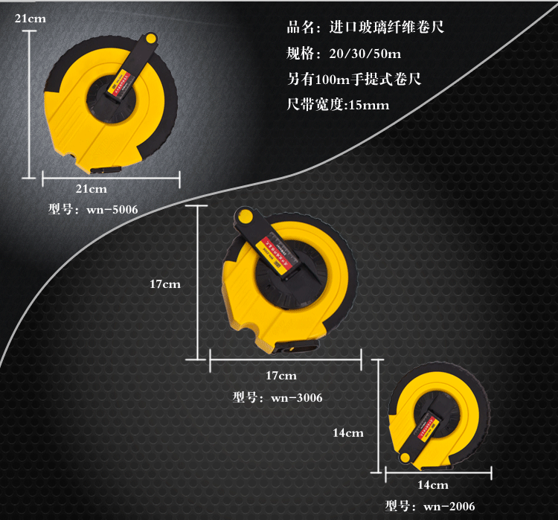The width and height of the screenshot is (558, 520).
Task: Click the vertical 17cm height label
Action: coord(164,283)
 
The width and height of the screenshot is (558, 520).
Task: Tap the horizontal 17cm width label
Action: coord(281,375)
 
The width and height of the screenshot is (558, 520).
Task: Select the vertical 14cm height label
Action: coord(347,432)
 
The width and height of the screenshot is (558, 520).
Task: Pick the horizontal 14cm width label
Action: coord(432,485)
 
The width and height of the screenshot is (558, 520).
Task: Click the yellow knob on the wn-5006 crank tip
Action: coord(151,37)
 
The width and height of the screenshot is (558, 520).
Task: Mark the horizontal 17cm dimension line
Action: coord(285,361)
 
